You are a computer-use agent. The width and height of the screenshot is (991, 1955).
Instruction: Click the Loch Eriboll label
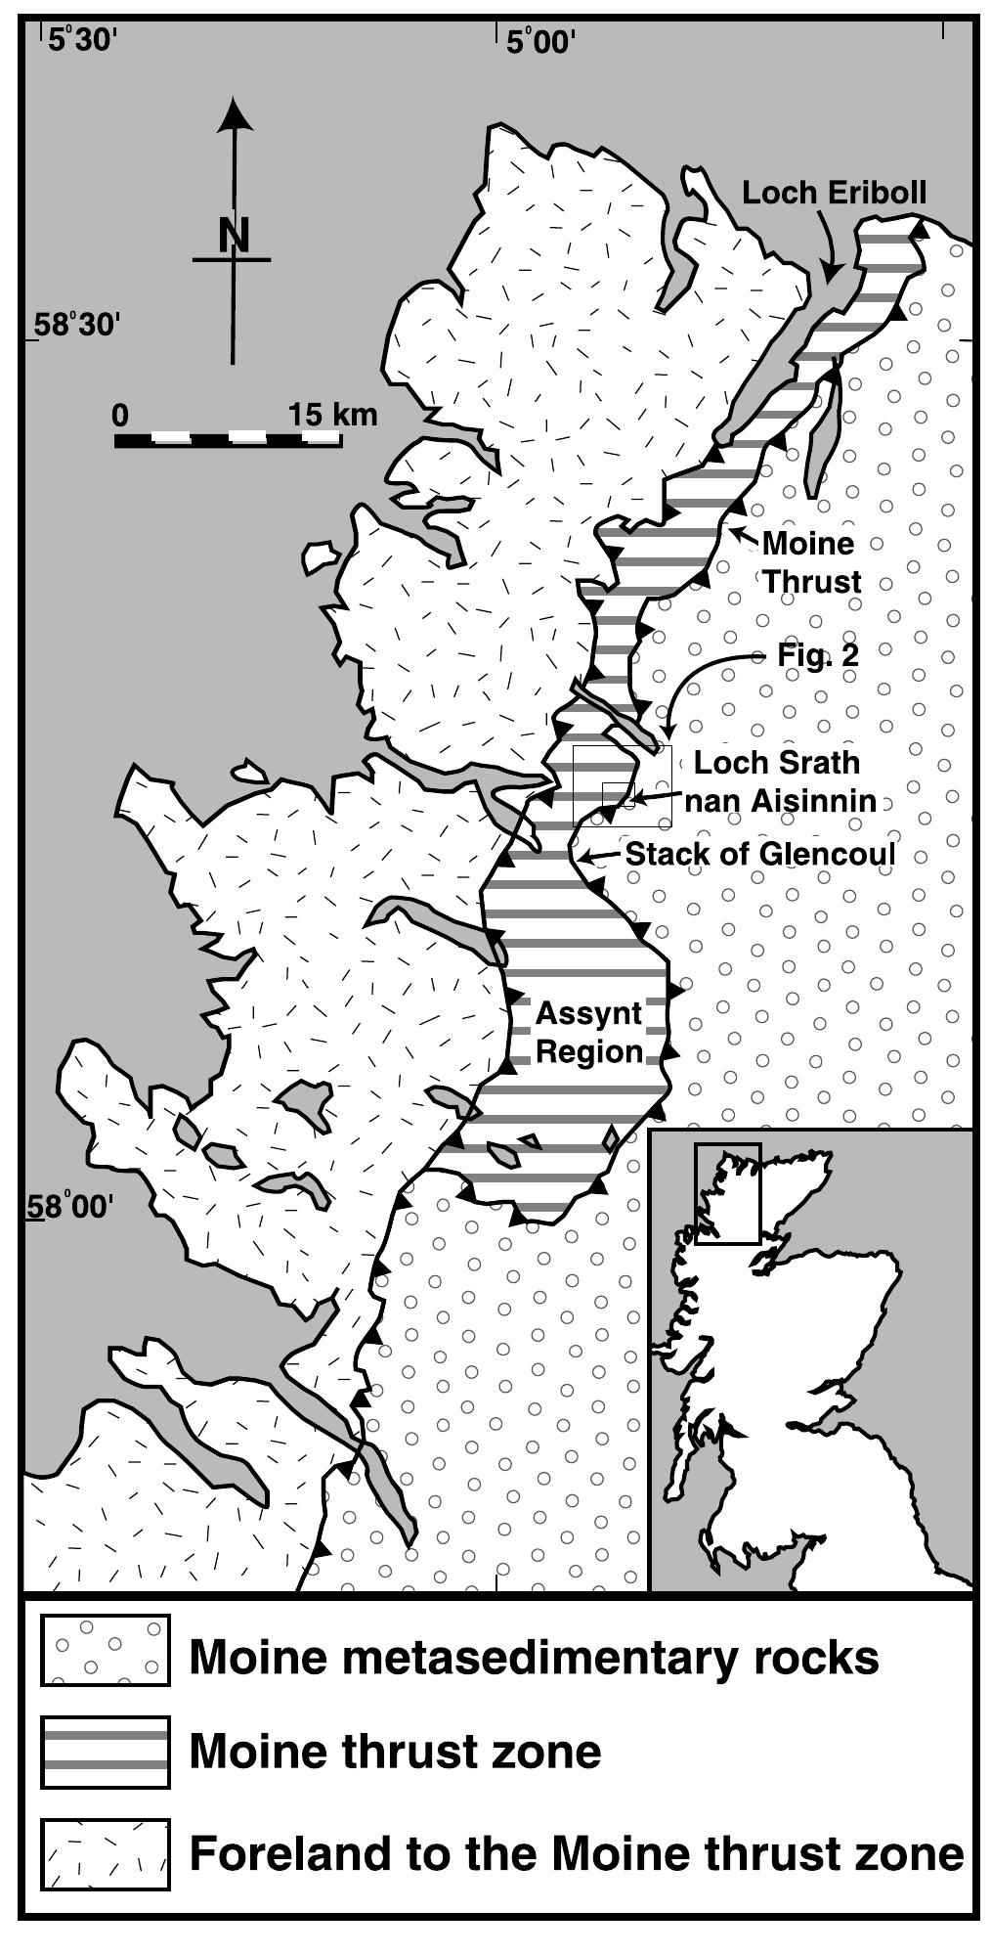(x=834, y=193)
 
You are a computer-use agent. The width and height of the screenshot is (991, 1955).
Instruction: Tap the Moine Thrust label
(x=810, y=562)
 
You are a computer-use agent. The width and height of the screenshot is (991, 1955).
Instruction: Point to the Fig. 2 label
(x=818, y=655)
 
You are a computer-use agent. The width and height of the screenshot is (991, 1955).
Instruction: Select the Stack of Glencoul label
(x=759, y=854)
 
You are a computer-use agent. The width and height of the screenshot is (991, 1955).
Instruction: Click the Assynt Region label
(x=588, y=1033)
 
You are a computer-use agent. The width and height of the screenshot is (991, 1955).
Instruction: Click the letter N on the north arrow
(x=233, y=236)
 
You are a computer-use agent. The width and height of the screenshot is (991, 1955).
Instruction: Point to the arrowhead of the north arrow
(x=233, y=113)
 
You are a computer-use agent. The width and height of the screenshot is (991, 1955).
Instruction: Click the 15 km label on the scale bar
(x=332, y=415)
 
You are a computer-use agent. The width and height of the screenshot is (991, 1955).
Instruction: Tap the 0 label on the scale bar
(x=120, y=415)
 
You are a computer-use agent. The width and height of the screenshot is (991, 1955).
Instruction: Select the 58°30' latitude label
(x=76, y=325)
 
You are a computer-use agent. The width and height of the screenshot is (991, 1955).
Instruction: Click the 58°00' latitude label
(x=72, y=1207)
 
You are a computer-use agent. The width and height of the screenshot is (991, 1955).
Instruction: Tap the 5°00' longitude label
(x=540, y=42)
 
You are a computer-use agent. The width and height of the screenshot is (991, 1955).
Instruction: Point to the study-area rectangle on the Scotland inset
(x=726, y=1193)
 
